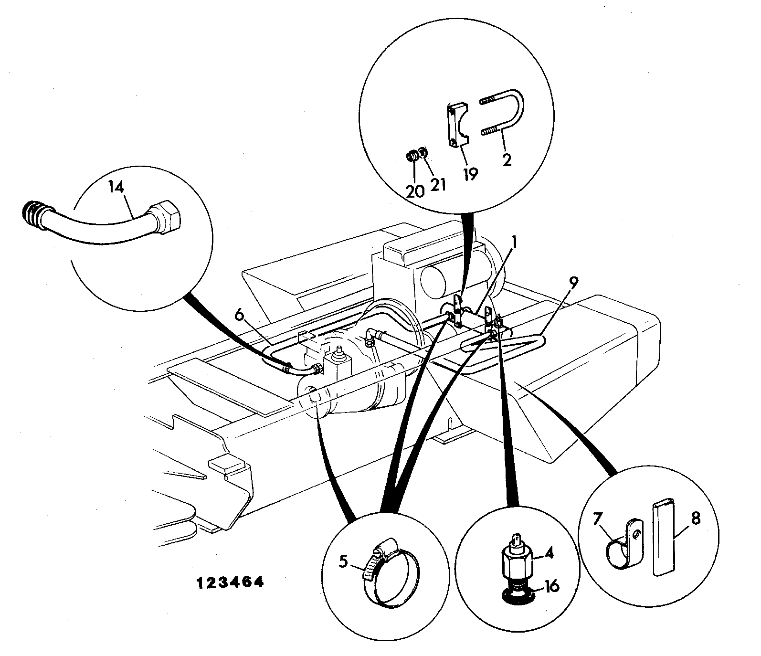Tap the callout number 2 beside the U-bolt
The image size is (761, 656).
[x=507, y=159]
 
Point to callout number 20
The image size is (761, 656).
[x=415, y=191]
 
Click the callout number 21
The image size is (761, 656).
[x=438, y=184]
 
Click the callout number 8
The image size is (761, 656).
[x=696, y=518]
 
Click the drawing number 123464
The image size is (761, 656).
[x=231, y=582]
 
